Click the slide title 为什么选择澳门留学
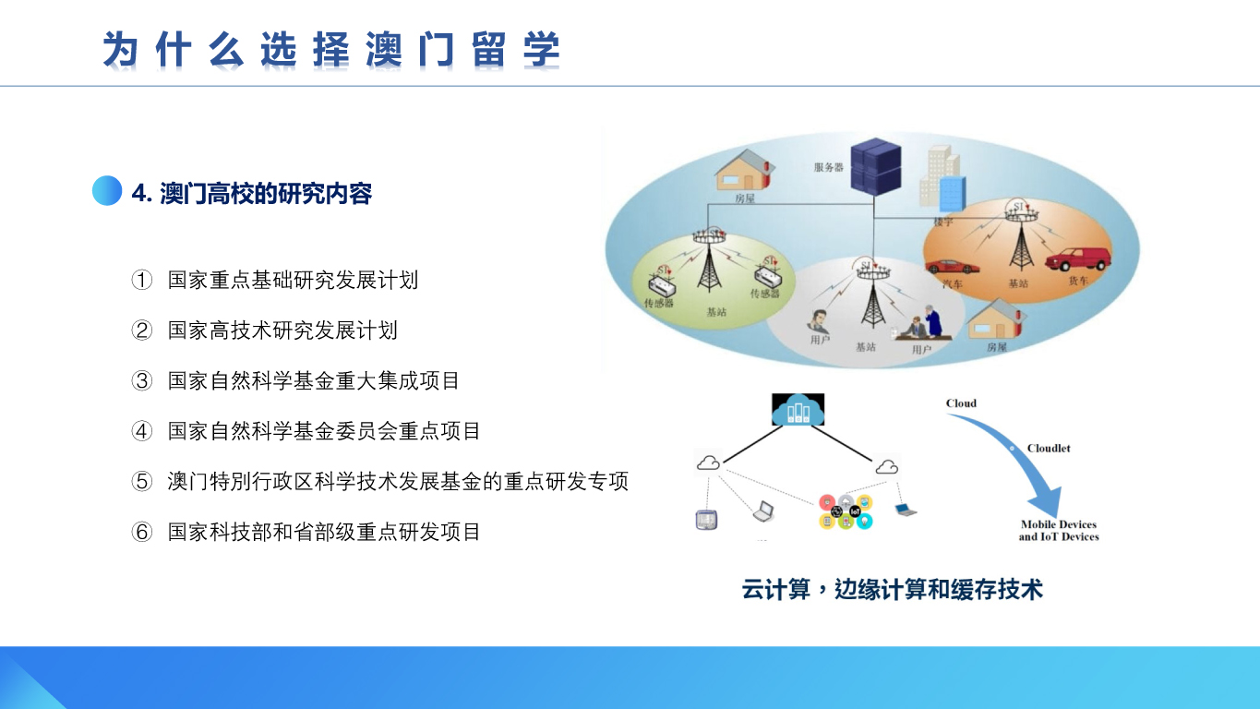tap(331, 50)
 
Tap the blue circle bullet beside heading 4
tap(107, 191)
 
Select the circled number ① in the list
tap(142, 280)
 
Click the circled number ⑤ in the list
tap(142, 481)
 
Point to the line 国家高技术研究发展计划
tap(282, 330)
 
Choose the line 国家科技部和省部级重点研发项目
tap(324, 532)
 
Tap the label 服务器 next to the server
tap(829, 167)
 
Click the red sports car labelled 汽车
tap(952, 266)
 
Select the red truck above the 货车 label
tap(1078, 258)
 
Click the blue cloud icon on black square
tap(798, 409)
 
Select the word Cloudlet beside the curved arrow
tap(1049, 449)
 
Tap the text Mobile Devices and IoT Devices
tap(1059, 531)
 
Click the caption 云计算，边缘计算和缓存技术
tap(892, 590)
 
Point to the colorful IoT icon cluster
tap(846, 512)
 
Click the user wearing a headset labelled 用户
tap(819, 321)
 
